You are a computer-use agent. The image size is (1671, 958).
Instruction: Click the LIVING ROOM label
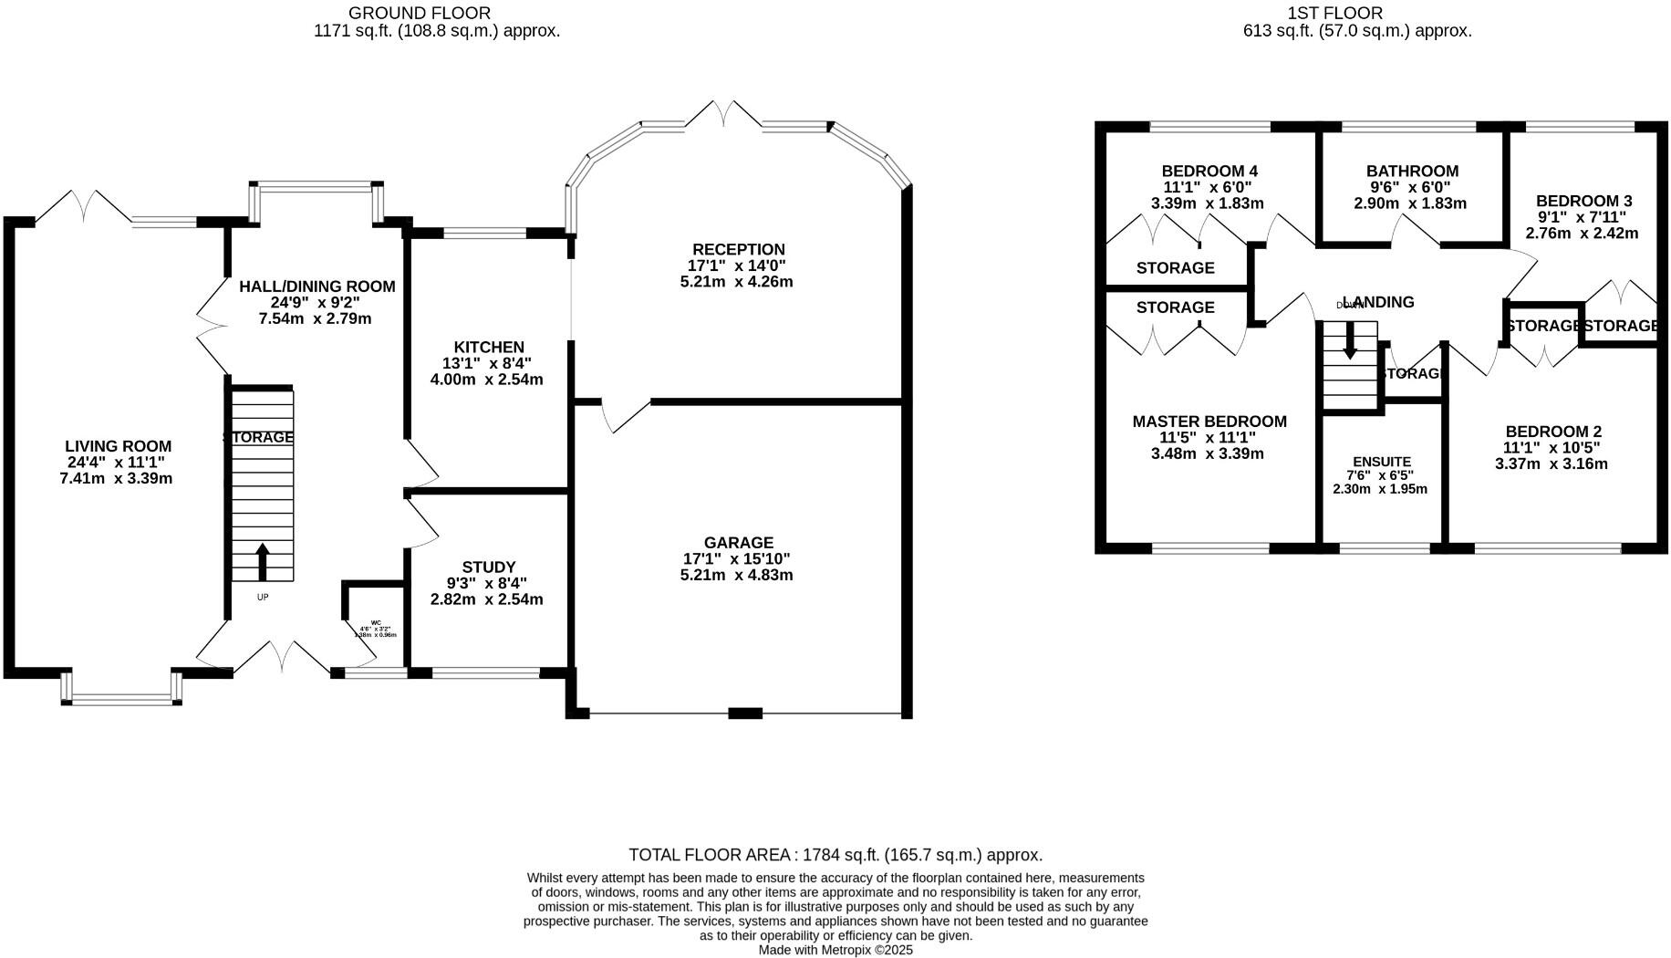pyautogui.click(x=118, y=446)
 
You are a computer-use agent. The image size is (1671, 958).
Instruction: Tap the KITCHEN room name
pyautogui.click(x=489, y=347)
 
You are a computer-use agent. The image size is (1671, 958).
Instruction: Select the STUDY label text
pyautogui.click(x=488, y=567)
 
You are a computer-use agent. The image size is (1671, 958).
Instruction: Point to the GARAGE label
pyautogui.click(x=738, y=542)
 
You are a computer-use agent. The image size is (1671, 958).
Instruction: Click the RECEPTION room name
pyautogui.click(x=738, y=249)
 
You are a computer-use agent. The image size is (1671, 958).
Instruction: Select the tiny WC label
pyautogui.click(x=375, y=622)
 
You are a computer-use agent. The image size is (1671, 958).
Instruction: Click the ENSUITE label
pyautogui.click(x=1381, y=462)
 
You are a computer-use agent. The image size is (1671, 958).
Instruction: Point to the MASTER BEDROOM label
pyautogui.click(x=1209, y=421)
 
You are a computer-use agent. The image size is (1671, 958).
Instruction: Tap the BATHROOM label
pyautogui.click(x=1411, y=171)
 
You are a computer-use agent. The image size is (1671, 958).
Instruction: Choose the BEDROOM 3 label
pyautogui.click(x=1583, y=201)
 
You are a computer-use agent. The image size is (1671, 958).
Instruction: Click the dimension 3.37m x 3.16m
pyautogui.click(x=1551, y=463)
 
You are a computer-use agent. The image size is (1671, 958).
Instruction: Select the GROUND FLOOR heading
pyautogui.click(x=420, y=13)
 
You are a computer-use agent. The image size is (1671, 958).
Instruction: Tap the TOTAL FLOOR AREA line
pyautogui.click(x=835, y=855)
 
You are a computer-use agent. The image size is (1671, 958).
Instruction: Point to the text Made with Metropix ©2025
pyautogui.click(x=835, y=950)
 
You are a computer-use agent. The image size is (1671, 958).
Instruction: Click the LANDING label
pyautogui.click(x=1378, y=302)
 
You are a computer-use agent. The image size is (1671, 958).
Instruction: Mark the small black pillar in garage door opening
pyautogui.click(x=744, y=713)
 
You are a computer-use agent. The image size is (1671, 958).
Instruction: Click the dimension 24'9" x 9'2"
pyautogui.click(x=316, y=302)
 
